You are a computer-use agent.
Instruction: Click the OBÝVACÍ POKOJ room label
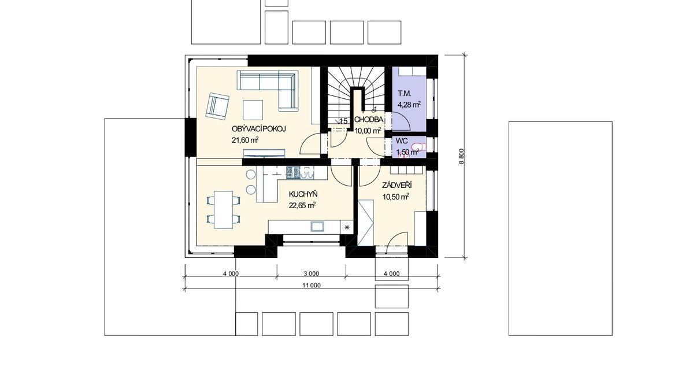pyautogui.click(x=259, y=129)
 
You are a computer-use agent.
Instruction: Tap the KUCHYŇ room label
pyautogui.click(x=303, y=194)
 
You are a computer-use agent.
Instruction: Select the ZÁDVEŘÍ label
pyautogui.click(x=397, y=186)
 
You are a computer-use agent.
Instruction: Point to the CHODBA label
pyautogui.click(x=369, y=119)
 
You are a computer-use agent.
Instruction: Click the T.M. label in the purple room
pyautogui.click(x=405, y=94)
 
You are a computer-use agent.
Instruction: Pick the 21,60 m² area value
pyautogui.click(x=245, y=140)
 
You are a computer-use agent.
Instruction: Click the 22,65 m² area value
pyautogui.click(x=302, y=205)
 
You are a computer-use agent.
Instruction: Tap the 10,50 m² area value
pyautogui.click(x=395, y=197)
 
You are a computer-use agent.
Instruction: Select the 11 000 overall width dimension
pyautogui.click(x=311, y=286)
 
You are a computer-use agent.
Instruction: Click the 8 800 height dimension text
pyautogui.click(x=461, y=156)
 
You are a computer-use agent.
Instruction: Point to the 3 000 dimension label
pyautogui.click(x=311, y=274)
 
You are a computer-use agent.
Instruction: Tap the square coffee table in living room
pyautogui.click(x=253, y=110)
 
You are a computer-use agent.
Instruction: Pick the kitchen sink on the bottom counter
pyautogui.click(x=317, y=226)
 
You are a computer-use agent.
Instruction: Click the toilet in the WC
pyautogui.click(x=417, y=147)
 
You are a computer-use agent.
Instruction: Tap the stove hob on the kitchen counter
pyautogui.click(x=292, y=173)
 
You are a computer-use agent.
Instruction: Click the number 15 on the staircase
pyautogui.click(x=343, y=121)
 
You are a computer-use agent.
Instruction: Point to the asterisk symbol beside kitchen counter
pyautogui.click(x=347, y=227)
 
